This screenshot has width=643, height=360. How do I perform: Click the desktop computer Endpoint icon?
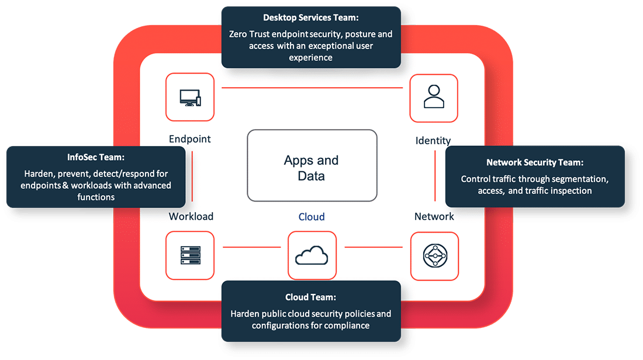(190, 98)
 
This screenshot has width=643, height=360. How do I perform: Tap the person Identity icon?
(434, 98)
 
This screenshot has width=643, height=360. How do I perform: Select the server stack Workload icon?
(190, 255)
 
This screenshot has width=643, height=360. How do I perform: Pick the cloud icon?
(312, 255)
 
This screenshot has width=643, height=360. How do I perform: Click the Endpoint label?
(190, 139)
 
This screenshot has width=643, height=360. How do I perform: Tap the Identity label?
(433, 140)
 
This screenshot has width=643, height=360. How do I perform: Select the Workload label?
(191, 216)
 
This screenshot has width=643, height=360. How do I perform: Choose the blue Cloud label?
(312, 217)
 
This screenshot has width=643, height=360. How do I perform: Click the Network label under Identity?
(434, 216)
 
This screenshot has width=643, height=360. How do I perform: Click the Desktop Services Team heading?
(311, 18)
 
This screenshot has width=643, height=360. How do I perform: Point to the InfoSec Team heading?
(95, 158)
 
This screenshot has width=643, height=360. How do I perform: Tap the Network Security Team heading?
(535, 162)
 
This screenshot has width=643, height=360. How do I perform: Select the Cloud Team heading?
(310, 297)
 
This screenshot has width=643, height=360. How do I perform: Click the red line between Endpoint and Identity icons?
(313, 88)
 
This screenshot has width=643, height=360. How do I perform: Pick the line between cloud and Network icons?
(374, 247)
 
